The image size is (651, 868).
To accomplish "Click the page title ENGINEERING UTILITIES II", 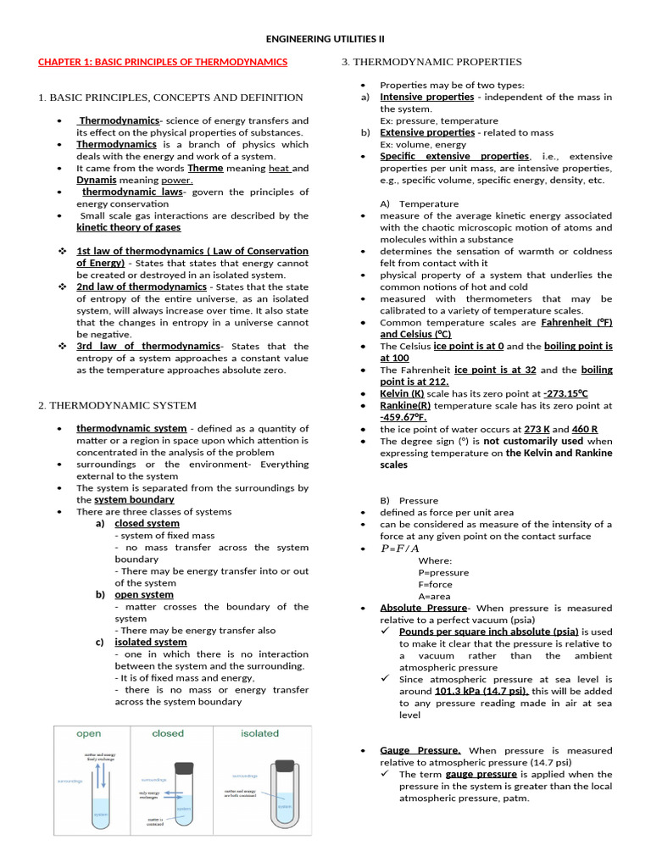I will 325,38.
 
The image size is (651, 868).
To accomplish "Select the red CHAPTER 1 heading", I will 163,62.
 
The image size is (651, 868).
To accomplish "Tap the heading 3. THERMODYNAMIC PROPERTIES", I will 431,62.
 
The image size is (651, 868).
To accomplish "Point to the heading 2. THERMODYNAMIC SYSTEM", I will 117,405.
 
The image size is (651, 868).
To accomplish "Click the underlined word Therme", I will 205,168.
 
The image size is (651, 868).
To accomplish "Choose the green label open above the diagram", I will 89,733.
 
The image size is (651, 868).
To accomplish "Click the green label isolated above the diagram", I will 259,733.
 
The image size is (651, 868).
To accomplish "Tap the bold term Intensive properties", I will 426,97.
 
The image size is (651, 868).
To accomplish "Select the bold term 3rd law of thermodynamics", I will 148,346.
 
